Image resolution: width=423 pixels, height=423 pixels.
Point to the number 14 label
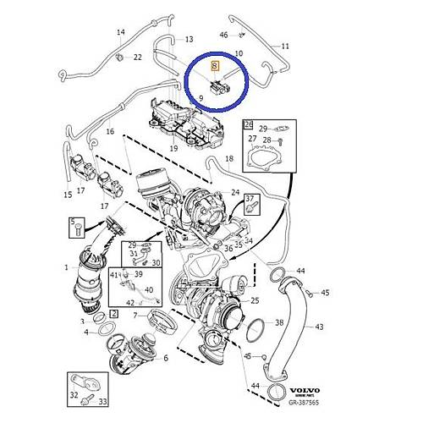120,33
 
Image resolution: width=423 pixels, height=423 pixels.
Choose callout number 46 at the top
224,35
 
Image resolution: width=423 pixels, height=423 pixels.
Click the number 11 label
285,46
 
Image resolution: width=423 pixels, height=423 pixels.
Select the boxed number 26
248,125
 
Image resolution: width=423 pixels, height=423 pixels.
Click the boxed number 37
250,200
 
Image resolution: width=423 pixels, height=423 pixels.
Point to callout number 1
67,267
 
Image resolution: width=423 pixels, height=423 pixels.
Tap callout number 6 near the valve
166,359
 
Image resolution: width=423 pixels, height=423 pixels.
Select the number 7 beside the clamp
134,316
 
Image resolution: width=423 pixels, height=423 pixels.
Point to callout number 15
68,195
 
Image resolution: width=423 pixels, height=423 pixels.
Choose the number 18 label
228,159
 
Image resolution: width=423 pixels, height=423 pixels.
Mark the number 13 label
188,39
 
